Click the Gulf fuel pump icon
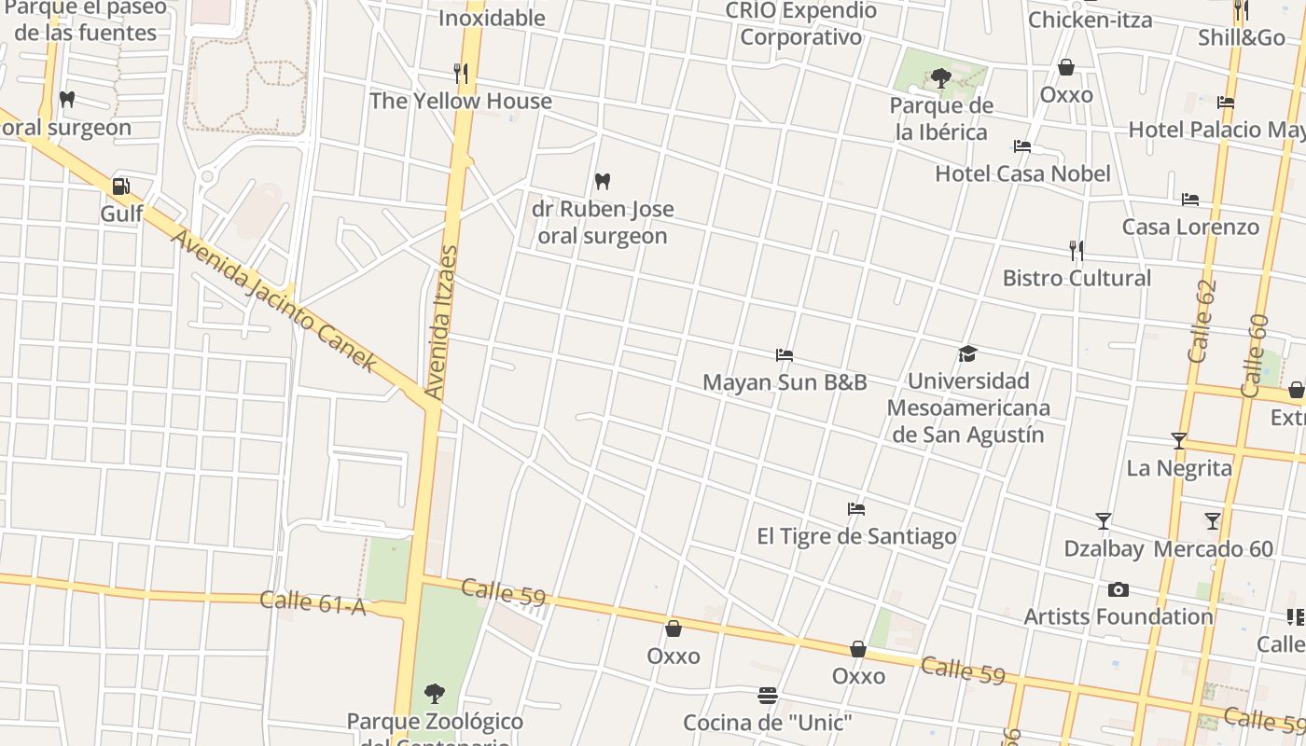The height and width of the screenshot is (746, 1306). tap(120, 186)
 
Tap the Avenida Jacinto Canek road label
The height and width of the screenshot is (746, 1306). tap(274, 300)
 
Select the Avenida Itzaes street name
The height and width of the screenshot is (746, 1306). tap(442, 323)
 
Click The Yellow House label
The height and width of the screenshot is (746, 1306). tap(461, 101)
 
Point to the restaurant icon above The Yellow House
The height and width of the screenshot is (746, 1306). tap(460, 73)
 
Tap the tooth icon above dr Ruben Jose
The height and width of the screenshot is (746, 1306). tap(603, 181)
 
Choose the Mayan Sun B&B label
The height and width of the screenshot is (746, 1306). tap(785, 382)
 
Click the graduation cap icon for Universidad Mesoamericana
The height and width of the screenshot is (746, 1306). tap(967, 354)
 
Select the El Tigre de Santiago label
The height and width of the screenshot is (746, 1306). tap(856, 536)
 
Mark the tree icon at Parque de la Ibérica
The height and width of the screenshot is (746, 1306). tap(940, 78)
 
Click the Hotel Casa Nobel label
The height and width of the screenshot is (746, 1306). tap(1022, 173)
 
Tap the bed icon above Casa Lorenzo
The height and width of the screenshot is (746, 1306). tap(1190, 200)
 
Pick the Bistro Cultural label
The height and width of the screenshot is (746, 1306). tap(1077, 278)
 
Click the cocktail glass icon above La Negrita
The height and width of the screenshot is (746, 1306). tap(1179, 440)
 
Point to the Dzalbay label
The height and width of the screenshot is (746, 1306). tap(1104, 549)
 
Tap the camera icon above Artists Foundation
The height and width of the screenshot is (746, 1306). tap(1118, 589)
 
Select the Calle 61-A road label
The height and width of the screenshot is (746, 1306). tap(313, 602)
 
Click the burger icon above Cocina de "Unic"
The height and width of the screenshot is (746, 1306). tap(768, 696)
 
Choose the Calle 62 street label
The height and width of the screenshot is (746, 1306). tap(1202, 322)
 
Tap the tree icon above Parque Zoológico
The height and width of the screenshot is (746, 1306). tap(434, 693)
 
